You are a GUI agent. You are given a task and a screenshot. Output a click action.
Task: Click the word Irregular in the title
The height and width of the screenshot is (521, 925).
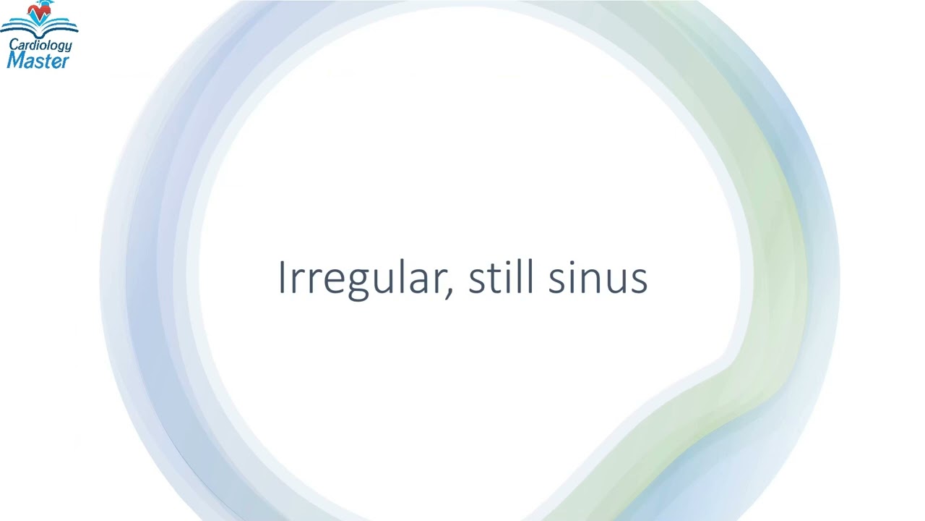365,278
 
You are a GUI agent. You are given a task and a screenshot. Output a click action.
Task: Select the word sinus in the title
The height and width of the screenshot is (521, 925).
597,278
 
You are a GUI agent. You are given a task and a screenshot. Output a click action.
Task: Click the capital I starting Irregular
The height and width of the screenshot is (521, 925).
282,278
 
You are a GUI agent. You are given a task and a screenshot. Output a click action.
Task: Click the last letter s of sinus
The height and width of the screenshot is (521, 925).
639,281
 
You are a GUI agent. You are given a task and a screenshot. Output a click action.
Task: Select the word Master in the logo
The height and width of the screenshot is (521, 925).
38,61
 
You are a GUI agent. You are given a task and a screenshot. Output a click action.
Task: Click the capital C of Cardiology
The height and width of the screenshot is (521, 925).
13,45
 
